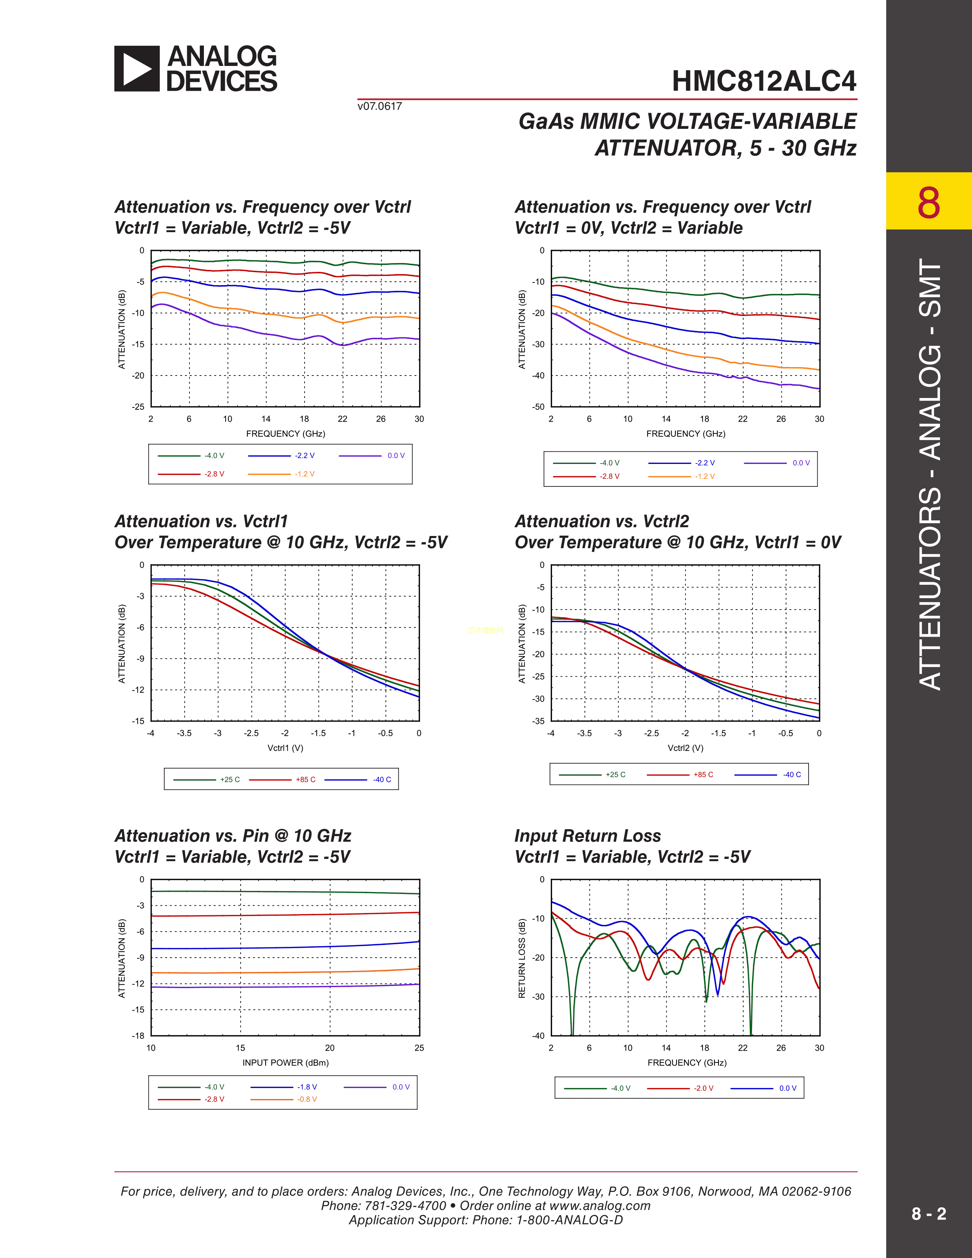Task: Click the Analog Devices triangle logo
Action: click(x=136, y=69)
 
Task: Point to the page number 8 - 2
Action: click(x=928, y=1214)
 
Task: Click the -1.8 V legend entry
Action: click(x=307, y=1087)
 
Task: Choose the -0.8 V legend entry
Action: click(x=307, y=1099)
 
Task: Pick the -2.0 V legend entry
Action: click(x=703, y=1088)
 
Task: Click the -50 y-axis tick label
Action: click(x=538, y=407)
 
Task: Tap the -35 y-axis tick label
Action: click(x=538, y=721)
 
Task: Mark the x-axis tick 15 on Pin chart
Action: click(x=240, y=1048)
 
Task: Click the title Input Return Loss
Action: click(x=587, y=836)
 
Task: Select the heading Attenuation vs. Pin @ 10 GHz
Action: click(x=233, y=836)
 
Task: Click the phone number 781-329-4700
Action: click(x=406, y=1205)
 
